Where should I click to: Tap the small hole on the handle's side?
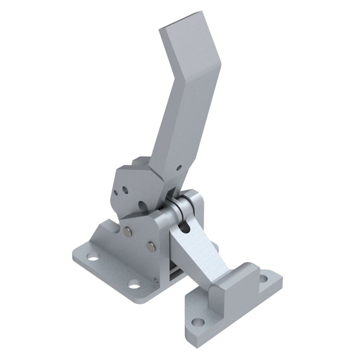tap(179, 167)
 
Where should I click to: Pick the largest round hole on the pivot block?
tap(143, 206)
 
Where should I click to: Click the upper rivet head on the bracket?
tap(127, 230)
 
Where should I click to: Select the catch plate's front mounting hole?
tap(197, 321)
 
